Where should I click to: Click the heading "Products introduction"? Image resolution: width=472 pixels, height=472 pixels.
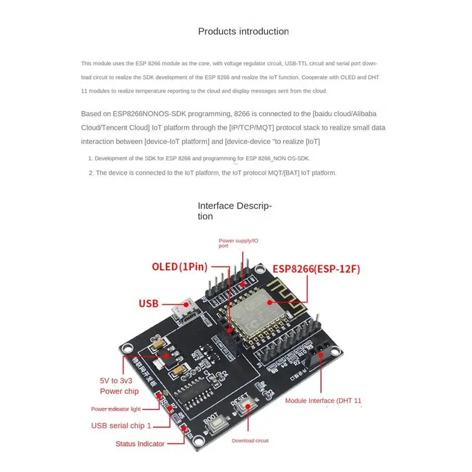coord(243,31)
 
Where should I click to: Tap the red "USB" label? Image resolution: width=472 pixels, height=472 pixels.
coord(148,304)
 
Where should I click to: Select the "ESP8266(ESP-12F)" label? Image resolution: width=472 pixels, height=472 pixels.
coord(316,269)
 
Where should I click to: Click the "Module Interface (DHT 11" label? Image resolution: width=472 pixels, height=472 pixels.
coord(323,401)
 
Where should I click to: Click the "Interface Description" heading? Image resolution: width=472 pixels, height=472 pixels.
coord(234,211)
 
